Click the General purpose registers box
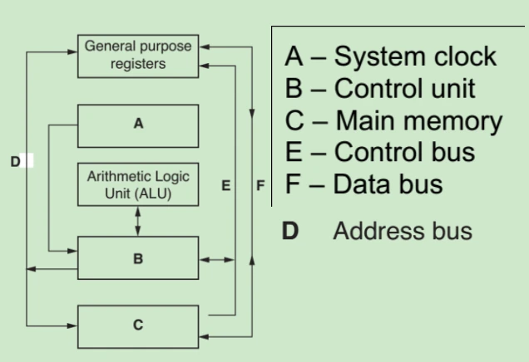138,56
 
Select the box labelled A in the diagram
138,125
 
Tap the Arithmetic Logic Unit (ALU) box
138,185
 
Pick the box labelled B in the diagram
138,257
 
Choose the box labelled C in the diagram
138,325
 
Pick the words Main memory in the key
418,121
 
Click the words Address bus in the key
403,231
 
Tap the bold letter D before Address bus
289,231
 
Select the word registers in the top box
138,63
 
